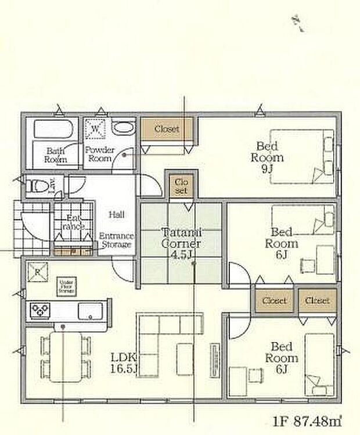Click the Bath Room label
[x=57, y=155]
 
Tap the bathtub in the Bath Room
[x=52, y=128]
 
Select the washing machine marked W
[x=94, y=127]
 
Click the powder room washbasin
[x=122, y=128]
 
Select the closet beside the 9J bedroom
[x=167, y=129]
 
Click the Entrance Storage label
[x=116, y=240]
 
